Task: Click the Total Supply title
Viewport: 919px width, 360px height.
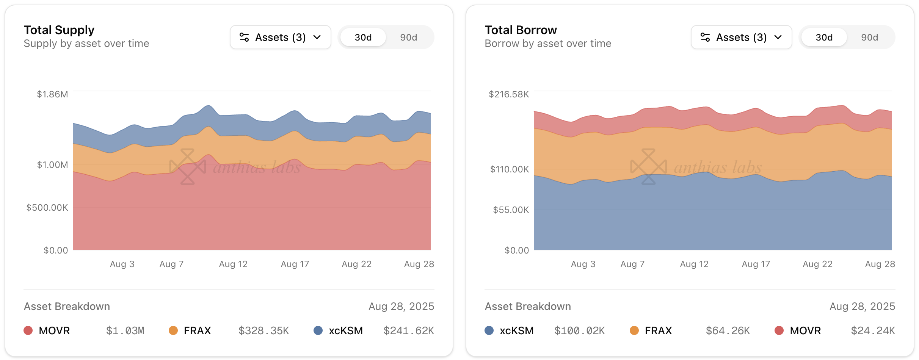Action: pos(59,30)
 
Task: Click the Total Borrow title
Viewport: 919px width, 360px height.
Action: pos(521,30)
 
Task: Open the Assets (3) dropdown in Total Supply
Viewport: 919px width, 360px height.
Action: pos(280,37)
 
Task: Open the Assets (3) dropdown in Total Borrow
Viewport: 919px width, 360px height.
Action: pos(741,37)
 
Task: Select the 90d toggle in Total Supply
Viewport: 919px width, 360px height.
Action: pos(408,38)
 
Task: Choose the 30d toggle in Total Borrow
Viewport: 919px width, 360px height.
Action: pos(824,38)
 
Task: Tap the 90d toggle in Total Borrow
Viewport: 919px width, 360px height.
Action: pos(869,38)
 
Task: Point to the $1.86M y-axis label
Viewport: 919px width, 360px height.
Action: pos(52,94)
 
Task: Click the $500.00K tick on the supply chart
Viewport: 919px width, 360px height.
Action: pos(47,208)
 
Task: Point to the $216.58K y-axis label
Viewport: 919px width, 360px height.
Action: pos(508,94)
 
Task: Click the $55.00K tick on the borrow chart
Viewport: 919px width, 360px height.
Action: pos(511,210)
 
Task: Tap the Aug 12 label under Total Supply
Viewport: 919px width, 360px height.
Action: pos(233,264)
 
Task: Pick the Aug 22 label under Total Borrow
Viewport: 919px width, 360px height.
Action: pos(817,264)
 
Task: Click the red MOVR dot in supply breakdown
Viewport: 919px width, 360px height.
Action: pos(28,330)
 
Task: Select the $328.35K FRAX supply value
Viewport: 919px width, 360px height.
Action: pos(263,331)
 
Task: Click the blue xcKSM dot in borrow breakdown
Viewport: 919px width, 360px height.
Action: pos(489,330)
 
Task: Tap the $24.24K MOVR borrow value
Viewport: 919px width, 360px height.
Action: pos(873,331)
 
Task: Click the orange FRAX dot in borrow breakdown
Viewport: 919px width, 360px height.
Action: pos(634,330)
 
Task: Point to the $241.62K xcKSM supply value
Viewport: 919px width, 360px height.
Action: pos(409,331)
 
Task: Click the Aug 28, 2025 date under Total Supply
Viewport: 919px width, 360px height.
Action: pos(401,306)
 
